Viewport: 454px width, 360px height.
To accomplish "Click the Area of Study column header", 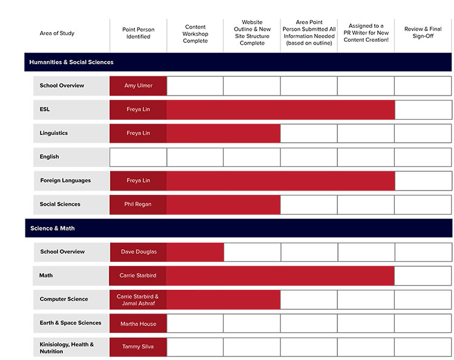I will click(57, 33).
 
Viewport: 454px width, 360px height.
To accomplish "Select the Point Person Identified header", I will click(138, 33).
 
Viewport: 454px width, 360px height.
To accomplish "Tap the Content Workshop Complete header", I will click(195, 33).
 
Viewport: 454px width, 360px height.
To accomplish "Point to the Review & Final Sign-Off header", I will click(423, 33).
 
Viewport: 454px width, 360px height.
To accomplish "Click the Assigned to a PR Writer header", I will click(366, 33).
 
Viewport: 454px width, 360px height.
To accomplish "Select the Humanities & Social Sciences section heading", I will click(71, 62).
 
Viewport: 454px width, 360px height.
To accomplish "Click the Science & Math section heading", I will click(53, 229).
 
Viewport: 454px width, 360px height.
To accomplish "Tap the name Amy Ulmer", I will click(138, 86).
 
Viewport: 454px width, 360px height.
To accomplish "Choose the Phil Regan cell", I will click(138, 205).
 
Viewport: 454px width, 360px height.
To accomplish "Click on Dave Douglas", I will click(138, 252).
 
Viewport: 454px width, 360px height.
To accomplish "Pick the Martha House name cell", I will click(138, 324).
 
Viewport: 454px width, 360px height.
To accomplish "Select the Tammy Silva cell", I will click(138, 347).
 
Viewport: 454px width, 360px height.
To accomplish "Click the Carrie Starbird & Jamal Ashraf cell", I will click(138, 299).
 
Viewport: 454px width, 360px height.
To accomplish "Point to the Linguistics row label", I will click(54, 133).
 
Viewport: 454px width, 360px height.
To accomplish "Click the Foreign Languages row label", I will click(65, 180).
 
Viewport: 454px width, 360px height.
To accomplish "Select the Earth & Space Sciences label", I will click(70, 323).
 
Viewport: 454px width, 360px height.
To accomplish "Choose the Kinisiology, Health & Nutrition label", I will click(66, 347).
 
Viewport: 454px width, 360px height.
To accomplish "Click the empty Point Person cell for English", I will click(138, 157).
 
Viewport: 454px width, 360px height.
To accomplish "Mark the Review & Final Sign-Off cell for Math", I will click(423, 276).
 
